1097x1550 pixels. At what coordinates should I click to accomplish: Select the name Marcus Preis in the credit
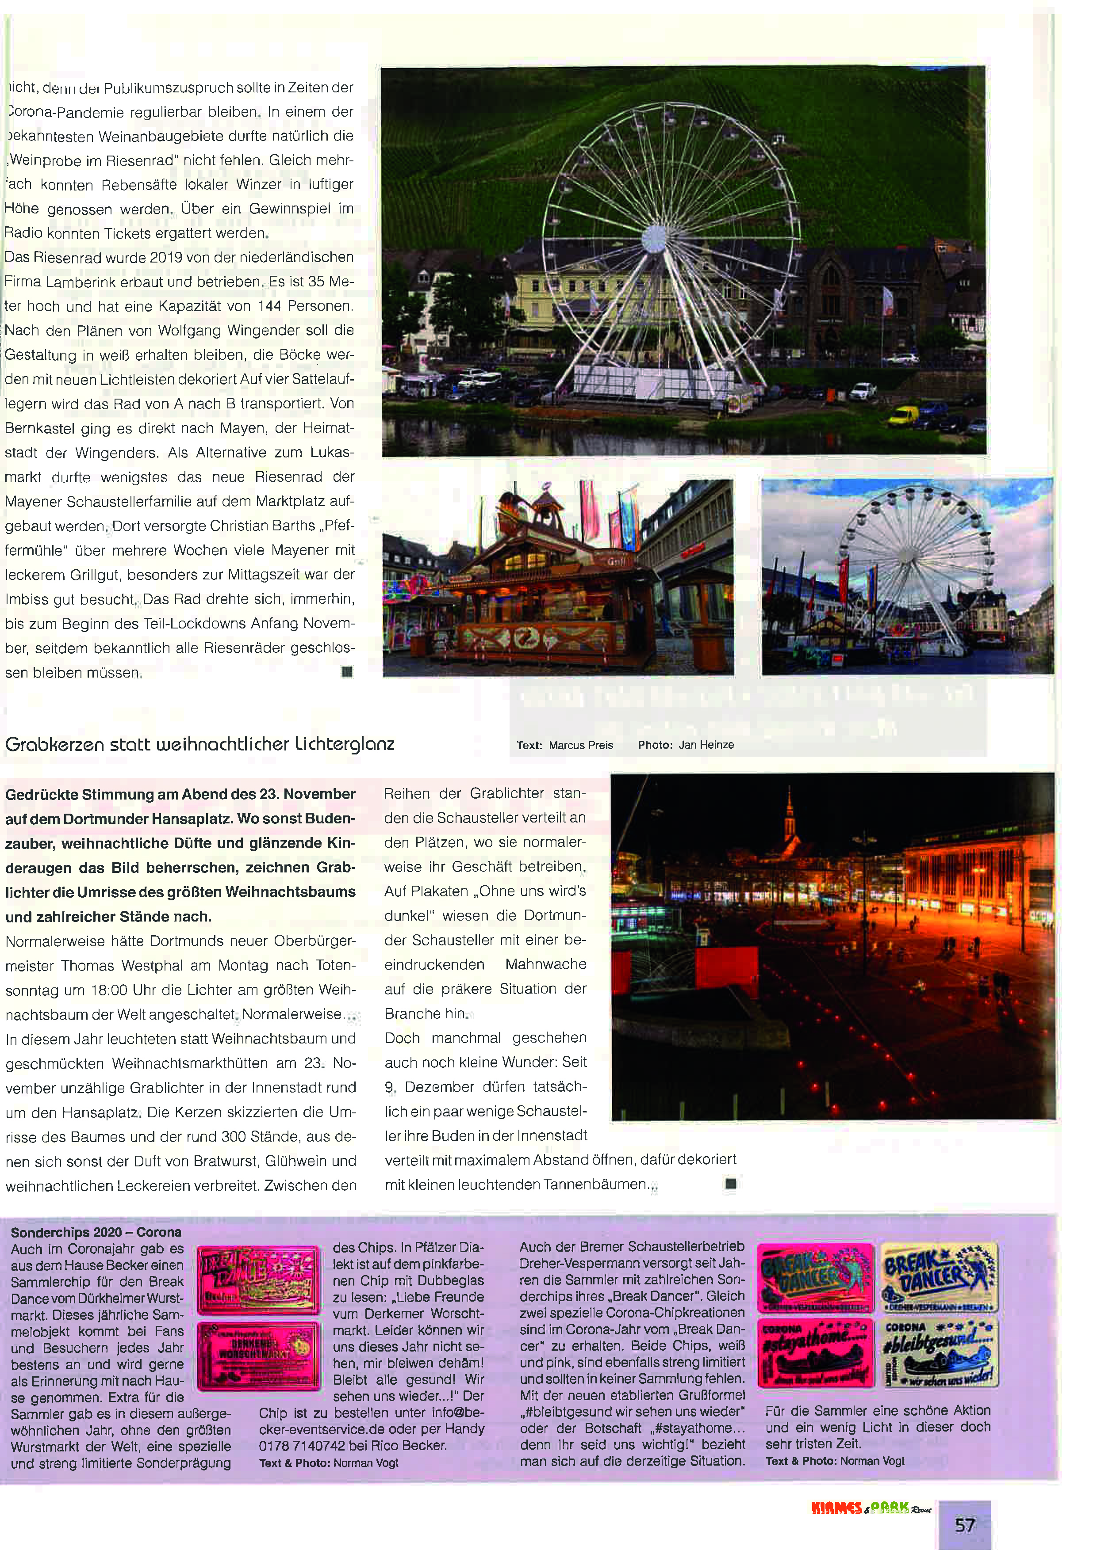coord(581,745)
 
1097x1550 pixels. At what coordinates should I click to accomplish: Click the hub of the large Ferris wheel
coord(654,237)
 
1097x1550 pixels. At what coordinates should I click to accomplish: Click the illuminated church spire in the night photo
coord(790,819)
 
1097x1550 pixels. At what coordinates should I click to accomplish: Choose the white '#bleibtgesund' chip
coord(939,1352)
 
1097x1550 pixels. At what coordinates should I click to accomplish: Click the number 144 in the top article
coord(269,306)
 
